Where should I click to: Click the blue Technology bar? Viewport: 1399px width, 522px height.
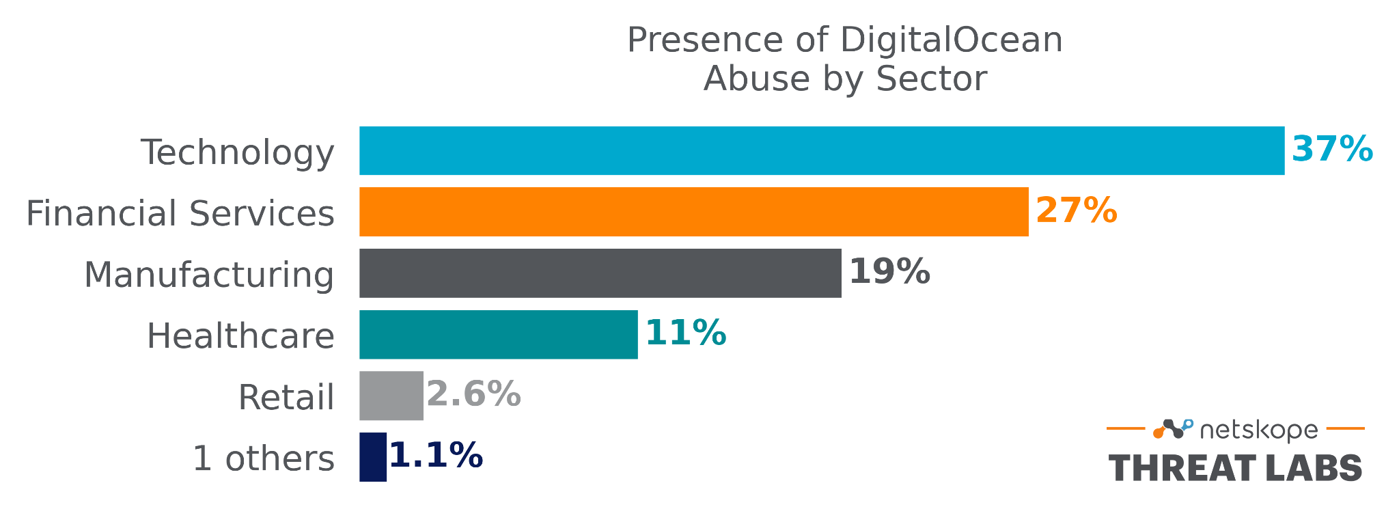point(822,150)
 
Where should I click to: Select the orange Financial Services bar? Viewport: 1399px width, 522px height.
point(693,212)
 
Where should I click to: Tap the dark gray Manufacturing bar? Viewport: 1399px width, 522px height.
point(600,273)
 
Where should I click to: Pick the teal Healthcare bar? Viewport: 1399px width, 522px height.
point(498,334)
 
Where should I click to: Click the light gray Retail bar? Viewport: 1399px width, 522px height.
point(391,396)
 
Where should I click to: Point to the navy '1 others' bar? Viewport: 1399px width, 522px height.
point(373,457)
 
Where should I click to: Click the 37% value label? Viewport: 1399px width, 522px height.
point(1331,149)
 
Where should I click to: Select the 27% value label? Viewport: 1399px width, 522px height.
point(1076,210)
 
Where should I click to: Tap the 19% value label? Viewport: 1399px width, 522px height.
point(889,272)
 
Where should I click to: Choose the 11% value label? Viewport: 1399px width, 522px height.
point(685,333)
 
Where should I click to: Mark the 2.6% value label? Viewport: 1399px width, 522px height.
point(473,395)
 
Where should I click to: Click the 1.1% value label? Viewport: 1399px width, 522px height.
point(436,456)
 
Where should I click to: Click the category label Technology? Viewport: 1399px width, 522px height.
point(238,152)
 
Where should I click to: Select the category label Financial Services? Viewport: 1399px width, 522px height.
point(180,213)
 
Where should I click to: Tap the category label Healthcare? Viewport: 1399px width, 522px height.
point(240,336)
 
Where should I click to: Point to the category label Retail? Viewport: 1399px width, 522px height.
point(286,397)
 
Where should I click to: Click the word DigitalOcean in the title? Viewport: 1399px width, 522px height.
point(951,40)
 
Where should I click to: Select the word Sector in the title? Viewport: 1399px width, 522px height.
point(931,79)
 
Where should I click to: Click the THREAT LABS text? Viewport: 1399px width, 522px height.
point(1235,469)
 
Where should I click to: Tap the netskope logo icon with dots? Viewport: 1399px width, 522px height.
point(1173,429)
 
